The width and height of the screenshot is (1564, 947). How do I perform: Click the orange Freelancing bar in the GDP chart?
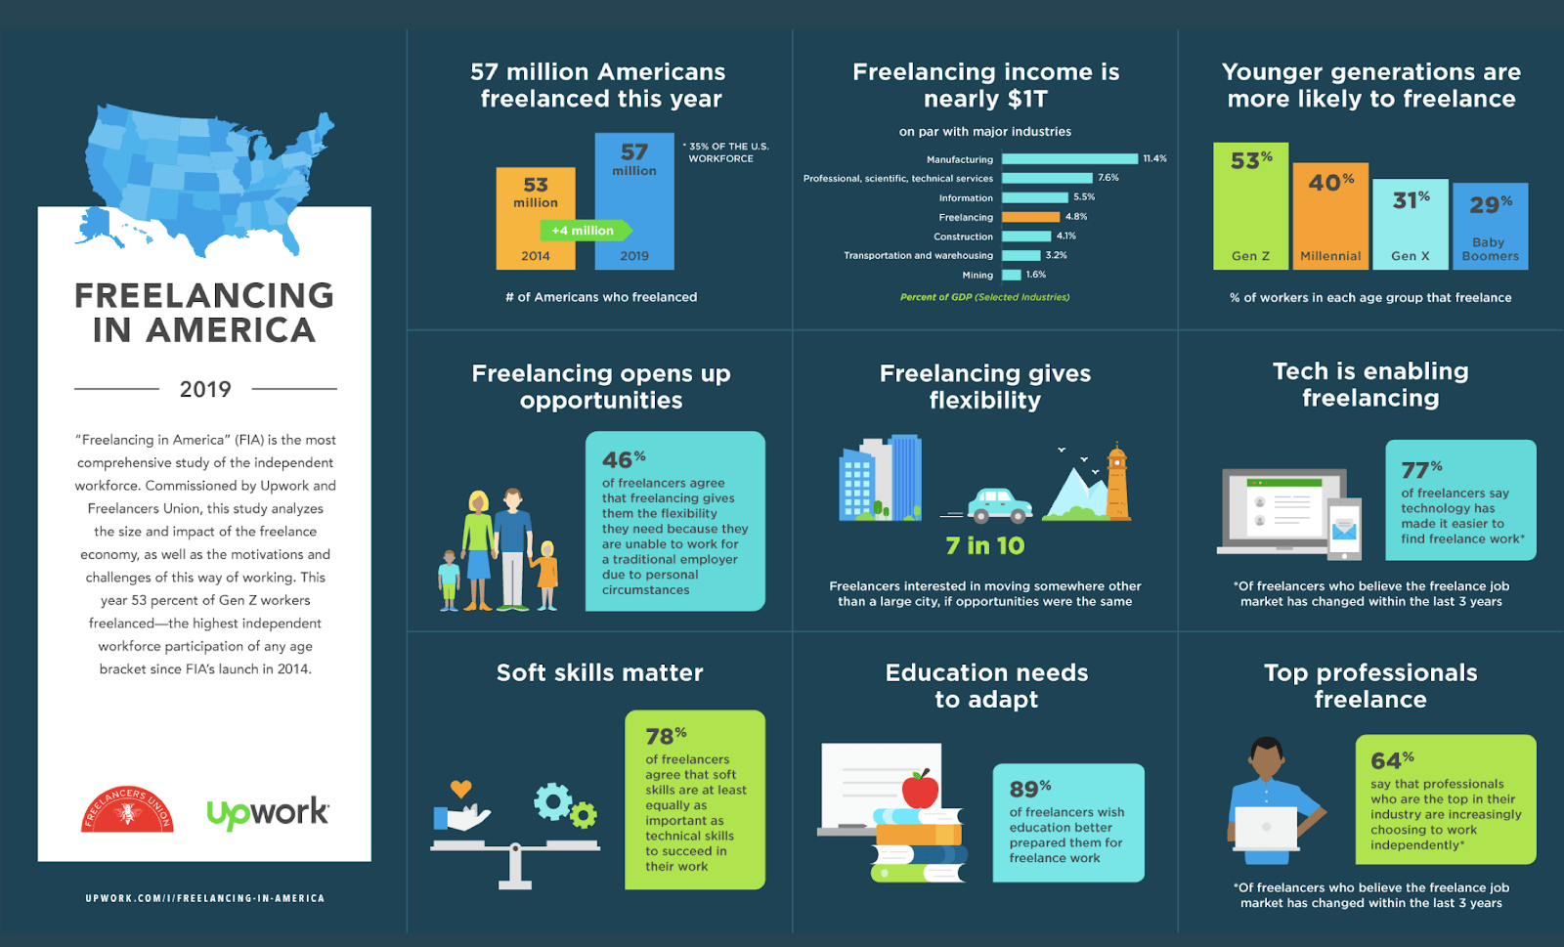click(x=1030, y=217)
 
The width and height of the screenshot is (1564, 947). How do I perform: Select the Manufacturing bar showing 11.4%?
click(x=1069, y=159)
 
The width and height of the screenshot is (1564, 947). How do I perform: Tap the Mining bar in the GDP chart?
click(x=1012, y=275)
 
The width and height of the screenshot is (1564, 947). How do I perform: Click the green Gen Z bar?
click(x=1250, y=206)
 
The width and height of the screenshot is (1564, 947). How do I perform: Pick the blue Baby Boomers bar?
click(x=1491, y=226)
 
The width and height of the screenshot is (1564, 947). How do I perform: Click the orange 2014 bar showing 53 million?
click(x=536, y=219)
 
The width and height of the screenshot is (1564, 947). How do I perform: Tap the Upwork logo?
click(x=268, y=813)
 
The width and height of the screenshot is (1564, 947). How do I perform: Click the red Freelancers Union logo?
click(x=127, y=809)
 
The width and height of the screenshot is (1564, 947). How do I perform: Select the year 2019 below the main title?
click(x=205, y=389)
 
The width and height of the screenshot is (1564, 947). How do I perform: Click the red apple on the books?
click(x=920, y=789)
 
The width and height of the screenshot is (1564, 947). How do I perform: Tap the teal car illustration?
click(x=999, y=505)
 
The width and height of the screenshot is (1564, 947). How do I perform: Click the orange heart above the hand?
click(x=460, y=789)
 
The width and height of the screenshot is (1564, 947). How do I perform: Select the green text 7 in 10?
click(x=985, y=545)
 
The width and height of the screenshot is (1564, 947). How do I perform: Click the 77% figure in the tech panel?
click(x=1421, y=470)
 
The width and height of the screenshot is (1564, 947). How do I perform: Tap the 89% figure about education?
click(x=1030, y=789)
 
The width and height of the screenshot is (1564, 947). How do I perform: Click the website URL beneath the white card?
click(x=205, y=898)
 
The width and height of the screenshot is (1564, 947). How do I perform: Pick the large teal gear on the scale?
click(x=552, y=801)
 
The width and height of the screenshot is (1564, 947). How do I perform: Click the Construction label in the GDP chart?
click(x=963, y=237)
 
